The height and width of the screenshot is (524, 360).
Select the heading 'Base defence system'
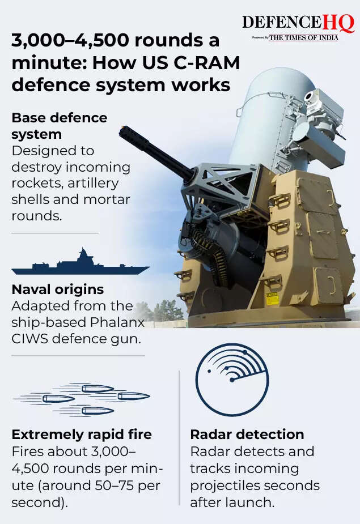click(x=59, y=126)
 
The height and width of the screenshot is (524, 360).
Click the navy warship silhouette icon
click(x=81, y=263)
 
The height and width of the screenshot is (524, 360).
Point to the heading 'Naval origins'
click(x=57, y=289)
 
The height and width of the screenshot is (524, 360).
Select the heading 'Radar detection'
click(x=247, y=434)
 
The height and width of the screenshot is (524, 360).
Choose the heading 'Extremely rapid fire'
click(x=82, y=434)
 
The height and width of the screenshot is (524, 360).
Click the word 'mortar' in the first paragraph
click(x=107, y=200)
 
